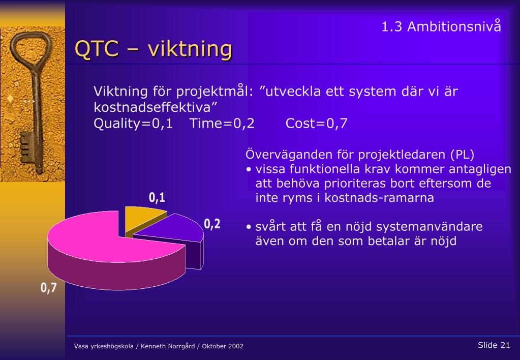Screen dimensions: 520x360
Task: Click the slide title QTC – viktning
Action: tap(153, 49)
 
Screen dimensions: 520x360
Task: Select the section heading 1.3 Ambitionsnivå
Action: tap(441, 26)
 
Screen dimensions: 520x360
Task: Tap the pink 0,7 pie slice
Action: tap(109, 252)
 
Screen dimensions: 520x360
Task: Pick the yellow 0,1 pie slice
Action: tap(144, 220)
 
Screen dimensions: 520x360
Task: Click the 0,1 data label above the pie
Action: tap(157, 197)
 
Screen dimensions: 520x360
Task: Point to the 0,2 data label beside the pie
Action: tap(212, 224)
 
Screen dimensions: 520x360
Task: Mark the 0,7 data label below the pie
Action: tap(48, 288)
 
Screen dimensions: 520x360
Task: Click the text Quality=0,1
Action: tap(133, 124)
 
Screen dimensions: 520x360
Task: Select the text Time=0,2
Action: tap(222, 124)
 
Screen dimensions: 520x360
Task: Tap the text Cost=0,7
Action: tap(316, 124)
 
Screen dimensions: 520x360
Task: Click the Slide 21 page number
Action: tap(494, 345)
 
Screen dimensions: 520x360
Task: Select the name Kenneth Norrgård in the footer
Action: tap(168, 346)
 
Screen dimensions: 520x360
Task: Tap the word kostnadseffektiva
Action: tap(152, 107)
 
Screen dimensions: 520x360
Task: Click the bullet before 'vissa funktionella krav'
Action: tap(249, 169)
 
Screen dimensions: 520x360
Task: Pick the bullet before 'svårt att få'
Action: tap(249, 227)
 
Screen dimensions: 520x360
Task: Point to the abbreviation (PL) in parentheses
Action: tap(462, 155)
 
